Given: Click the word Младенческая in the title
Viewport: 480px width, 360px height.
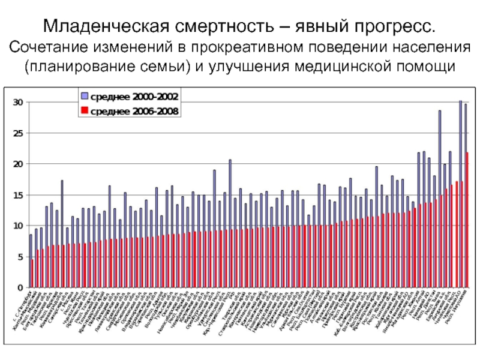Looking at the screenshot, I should [106, 27].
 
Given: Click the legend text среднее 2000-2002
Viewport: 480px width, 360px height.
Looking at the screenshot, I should [134, 96].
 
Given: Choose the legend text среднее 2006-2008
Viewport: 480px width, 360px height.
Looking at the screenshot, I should [134, 111].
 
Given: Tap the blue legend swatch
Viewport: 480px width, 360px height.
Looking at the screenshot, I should [85, 96].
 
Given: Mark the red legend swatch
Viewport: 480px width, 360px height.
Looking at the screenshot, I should [85, 111].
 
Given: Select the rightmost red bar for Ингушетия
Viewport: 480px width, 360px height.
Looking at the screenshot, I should [467, 220].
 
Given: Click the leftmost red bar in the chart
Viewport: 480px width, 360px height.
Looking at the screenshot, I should [32, 273].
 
